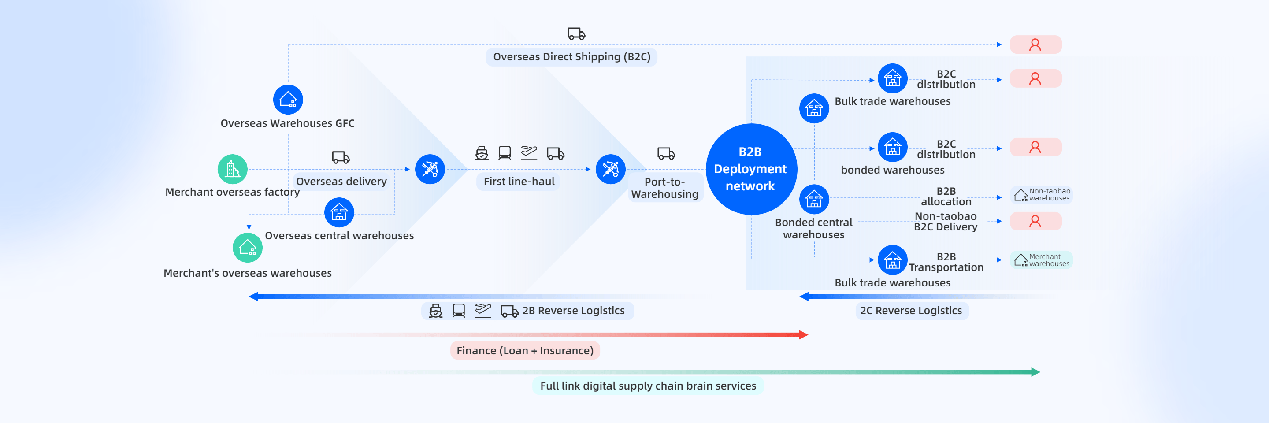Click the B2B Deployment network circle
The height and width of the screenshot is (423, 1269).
751,169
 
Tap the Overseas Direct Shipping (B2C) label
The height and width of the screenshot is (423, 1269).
571,57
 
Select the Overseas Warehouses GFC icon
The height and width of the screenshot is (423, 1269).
288,100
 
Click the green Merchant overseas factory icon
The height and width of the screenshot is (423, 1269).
233,169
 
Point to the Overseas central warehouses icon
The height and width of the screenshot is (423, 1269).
339,213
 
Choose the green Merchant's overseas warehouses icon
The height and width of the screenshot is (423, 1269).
247,248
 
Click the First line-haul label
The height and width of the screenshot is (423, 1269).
519,182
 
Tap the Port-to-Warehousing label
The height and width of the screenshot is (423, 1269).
664,188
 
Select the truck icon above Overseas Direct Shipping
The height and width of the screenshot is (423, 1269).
576,34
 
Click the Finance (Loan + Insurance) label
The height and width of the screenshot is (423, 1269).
525,351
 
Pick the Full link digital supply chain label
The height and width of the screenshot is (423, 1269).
648,386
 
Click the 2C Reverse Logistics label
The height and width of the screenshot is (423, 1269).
911,311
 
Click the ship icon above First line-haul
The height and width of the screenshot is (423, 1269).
481,153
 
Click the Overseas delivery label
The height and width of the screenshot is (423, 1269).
341,182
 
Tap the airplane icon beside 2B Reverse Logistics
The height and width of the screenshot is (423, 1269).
483,310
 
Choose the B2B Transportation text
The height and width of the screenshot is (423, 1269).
946,263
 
